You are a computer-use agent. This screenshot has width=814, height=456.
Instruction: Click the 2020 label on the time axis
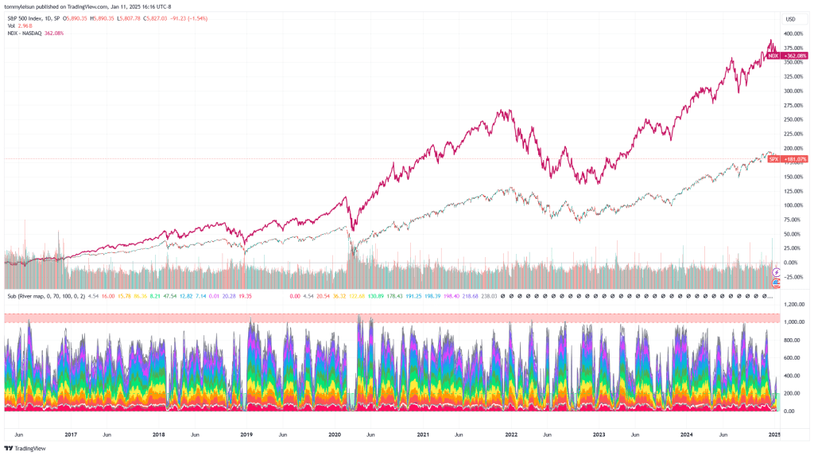(335, 435)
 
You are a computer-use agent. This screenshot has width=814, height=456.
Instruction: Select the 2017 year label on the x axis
(71, 435)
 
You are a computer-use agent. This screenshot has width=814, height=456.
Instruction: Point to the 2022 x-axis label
(511, 435)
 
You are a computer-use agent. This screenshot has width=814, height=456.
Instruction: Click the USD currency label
(790, 18)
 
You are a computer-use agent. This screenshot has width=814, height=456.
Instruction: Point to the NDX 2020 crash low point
(352, 232)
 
